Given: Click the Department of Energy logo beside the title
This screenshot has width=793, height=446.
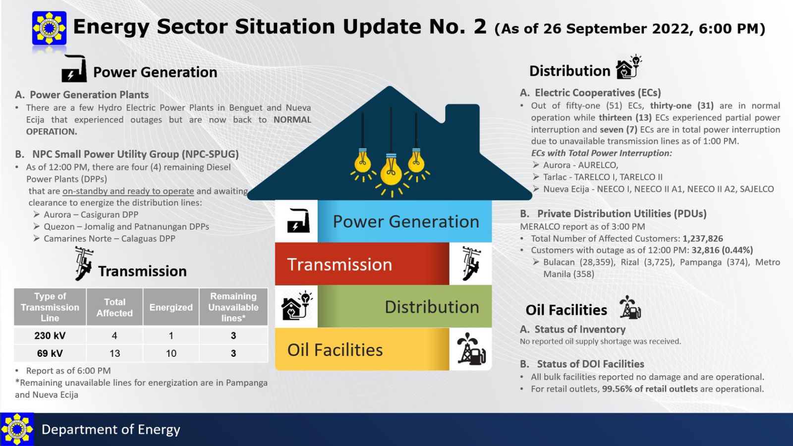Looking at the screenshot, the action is [49, 28].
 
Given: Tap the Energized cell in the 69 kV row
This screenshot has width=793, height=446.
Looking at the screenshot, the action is [171, 353].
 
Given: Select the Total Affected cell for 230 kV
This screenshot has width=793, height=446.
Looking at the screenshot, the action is [114, 335].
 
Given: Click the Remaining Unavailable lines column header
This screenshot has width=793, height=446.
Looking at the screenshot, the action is [233, 307].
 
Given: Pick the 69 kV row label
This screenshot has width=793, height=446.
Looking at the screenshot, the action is [50, 353].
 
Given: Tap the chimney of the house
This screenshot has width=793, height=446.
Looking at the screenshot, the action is [462, 117].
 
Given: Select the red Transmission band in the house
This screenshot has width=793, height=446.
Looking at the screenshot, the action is [362, 264].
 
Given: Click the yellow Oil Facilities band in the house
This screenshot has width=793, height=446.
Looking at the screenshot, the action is [362, 349].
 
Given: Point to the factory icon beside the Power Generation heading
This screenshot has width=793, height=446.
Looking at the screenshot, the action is [74, 69].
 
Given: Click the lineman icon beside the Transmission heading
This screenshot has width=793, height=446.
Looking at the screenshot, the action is [84, 264].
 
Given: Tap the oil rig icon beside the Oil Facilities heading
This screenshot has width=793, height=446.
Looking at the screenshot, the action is [630, 307].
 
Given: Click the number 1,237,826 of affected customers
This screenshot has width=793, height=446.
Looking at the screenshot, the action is [703, 238].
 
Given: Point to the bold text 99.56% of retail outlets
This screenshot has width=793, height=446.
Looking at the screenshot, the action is [650, 389].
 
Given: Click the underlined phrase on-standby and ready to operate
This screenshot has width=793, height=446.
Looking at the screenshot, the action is [128, 191].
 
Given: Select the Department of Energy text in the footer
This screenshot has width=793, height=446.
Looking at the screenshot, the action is [111, 430].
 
